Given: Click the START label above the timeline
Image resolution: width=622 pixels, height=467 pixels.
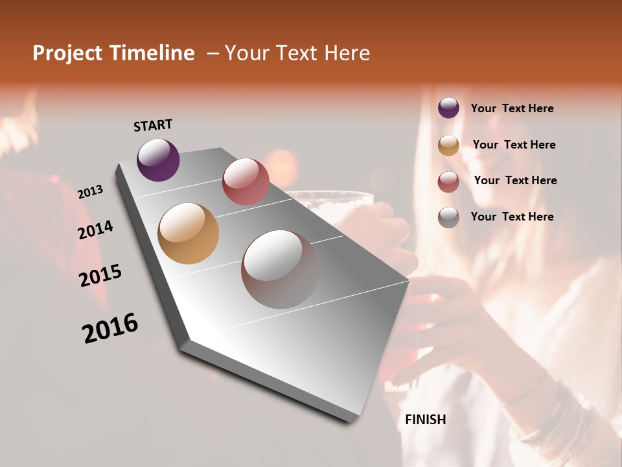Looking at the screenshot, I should (x=153, y=125).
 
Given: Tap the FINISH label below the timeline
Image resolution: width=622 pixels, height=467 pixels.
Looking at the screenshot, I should (x=426, y=420).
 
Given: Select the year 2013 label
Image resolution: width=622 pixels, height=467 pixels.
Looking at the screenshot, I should (x=90, y=192).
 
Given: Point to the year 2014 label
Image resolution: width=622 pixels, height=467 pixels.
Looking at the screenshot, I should (x=95, y=230).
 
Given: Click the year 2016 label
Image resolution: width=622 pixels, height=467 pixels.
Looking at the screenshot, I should (x=110, y=328).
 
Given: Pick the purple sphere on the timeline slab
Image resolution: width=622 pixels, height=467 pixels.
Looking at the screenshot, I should (x=158, y=160).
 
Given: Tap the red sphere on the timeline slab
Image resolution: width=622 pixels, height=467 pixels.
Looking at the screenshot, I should (x=246, y=182).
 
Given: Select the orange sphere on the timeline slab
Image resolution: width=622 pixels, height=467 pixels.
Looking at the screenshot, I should (x=189, y=233).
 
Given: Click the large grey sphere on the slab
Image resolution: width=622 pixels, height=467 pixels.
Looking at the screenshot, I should (x=280, y=269).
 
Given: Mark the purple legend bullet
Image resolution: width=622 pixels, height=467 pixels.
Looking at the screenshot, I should (x=448, y=108).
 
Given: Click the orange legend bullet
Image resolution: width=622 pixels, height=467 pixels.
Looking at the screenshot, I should (x=448, y=145).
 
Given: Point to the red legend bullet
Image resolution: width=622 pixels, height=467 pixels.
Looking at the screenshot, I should (x=448, y=182).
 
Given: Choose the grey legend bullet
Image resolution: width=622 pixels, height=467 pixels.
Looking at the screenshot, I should (x=448, y=217).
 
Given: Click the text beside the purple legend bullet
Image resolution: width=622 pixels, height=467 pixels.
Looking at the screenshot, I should (x=512, y=108).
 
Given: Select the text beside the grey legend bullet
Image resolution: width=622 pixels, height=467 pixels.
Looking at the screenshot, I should (x=512, y=217).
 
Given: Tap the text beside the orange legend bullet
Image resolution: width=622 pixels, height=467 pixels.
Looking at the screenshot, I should (x=514, y=145).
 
